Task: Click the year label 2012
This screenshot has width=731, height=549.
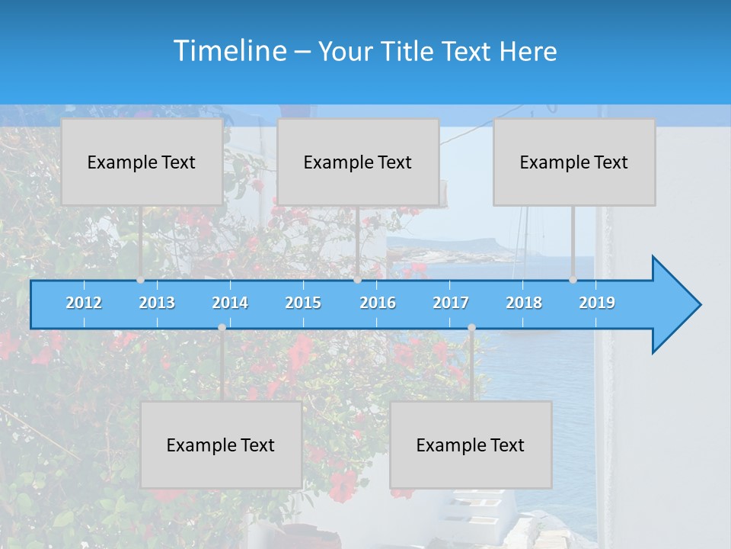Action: click(x=84, y=303)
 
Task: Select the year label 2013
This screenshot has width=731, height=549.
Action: click(x=157, y=303)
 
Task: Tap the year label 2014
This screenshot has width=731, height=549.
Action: click(x=230, y=303)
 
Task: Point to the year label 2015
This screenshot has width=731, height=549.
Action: click(x=303, y=303)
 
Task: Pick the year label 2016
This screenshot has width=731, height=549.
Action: click(x=378, y=303)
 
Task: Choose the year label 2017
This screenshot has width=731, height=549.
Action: click(x=451, y=303)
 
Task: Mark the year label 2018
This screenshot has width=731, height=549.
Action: click(x=524, y=303)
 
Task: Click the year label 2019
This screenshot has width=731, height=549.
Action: click(x=597, y=303)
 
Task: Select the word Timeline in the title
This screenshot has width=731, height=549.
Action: click(x=228, y=51)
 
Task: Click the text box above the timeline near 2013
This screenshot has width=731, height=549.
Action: click(x=142, y=162)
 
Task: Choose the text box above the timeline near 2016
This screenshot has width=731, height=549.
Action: click(x=358, y=162)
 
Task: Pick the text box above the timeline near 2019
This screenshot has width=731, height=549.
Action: click(x=574, y=162)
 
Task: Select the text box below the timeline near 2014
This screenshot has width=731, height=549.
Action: click(x=221, y=445)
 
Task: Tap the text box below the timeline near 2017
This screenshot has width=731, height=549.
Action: click(x=471, y=445)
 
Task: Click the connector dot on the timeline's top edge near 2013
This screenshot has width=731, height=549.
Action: click(x=141, y=280)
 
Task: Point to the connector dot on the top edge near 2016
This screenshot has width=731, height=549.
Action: click(x=357, y=280)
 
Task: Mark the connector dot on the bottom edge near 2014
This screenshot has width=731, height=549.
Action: click(x=222, y=328)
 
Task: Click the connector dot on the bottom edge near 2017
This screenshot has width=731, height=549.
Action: click(x=471, y=328)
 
